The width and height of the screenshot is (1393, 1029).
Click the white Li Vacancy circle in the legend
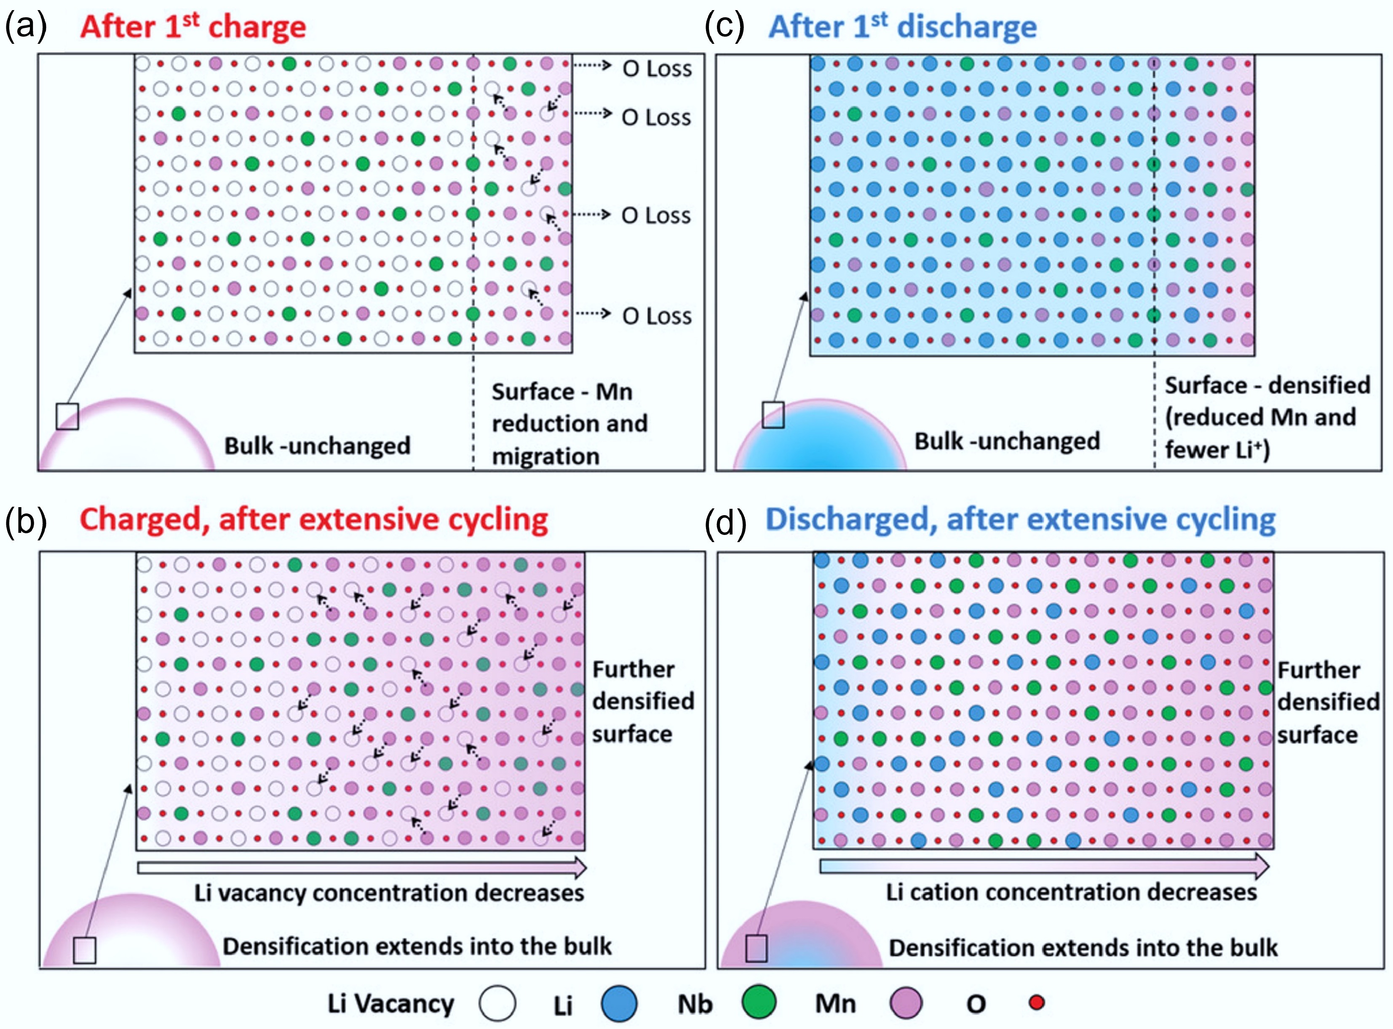[497, 1003]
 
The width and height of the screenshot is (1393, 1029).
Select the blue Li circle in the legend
[619, 1003]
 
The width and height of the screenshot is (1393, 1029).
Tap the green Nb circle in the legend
[759, 1002]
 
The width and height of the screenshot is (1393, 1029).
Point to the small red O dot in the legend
[1037, 1002]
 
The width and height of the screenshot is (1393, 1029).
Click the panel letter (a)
[26, 27]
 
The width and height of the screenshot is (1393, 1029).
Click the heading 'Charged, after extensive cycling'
[313, 519]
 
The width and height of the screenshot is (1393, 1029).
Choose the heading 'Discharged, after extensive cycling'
[1020, 519]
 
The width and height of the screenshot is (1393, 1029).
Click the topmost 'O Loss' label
[657, 69]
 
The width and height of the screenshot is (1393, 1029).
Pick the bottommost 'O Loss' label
[657, 316]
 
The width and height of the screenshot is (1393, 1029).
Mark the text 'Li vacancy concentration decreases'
[389, 893]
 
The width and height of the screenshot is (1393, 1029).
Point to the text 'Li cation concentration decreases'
[1071, 892]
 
